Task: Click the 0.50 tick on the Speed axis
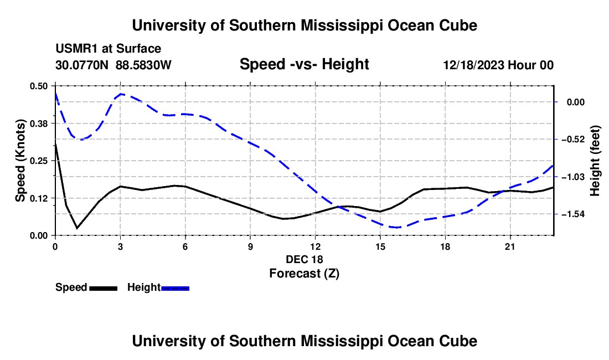(x=38, y=86)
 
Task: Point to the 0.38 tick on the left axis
(x=38, y=124)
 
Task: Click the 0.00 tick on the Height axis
(x=576, y=102)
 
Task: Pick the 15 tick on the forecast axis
(x=380, y=246)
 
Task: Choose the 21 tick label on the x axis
(x=509, y=246)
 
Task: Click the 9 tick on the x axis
(x=250, y=246)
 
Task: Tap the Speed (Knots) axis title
(x=20, y=161)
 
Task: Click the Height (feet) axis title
(x=595, y=161)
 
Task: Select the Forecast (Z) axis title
(x=304, y=274)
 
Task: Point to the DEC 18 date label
(x=304, y=259)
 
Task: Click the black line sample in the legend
(x=103, y=288)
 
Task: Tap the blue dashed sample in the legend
(x=175, y=288)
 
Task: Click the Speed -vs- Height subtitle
(x=304, y=64)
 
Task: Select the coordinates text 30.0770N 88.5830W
(x=113, y=65)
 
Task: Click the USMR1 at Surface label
(x=109, y=49)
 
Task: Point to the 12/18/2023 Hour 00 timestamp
(x=498, y=65)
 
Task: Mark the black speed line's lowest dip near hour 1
(x=77, y=228)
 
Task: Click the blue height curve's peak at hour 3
(x=121, y=94)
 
